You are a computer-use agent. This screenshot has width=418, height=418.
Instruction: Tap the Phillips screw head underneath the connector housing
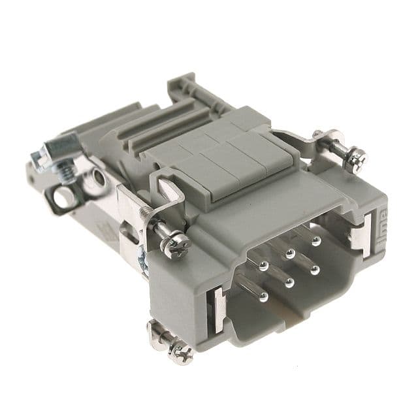[181, 353]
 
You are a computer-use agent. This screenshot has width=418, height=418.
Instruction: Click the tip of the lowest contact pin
[263, 297]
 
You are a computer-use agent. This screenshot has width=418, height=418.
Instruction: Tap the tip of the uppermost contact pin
[316, 240]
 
